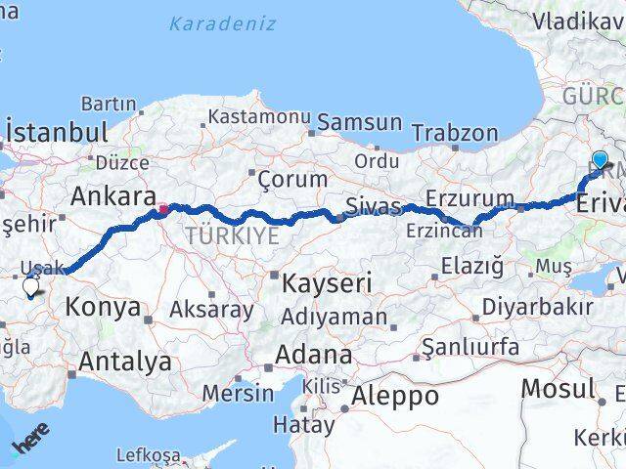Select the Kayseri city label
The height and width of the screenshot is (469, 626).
[327, 284]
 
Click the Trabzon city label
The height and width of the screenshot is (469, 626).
[454, 132]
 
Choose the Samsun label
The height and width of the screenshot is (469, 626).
[359, 122]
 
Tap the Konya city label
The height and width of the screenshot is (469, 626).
[102, 308]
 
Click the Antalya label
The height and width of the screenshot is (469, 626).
[124, 362]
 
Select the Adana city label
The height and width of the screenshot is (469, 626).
[313, 354]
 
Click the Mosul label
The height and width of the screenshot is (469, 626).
[557, 388]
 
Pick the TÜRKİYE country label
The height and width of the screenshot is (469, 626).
[233, 236]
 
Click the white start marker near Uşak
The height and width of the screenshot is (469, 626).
[30, 287]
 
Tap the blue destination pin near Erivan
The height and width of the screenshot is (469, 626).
[600, 159]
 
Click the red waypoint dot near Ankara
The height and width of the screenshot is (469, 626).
[163, 208]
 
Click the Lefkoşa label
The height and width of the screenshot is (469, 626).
[148, 455]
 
